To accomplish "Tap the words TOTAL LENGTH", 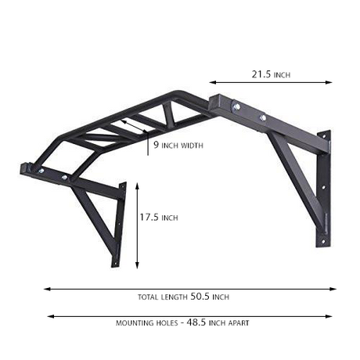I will coord(162,297).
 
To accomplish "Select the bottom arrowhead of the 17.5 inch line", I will coord(138,265).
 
